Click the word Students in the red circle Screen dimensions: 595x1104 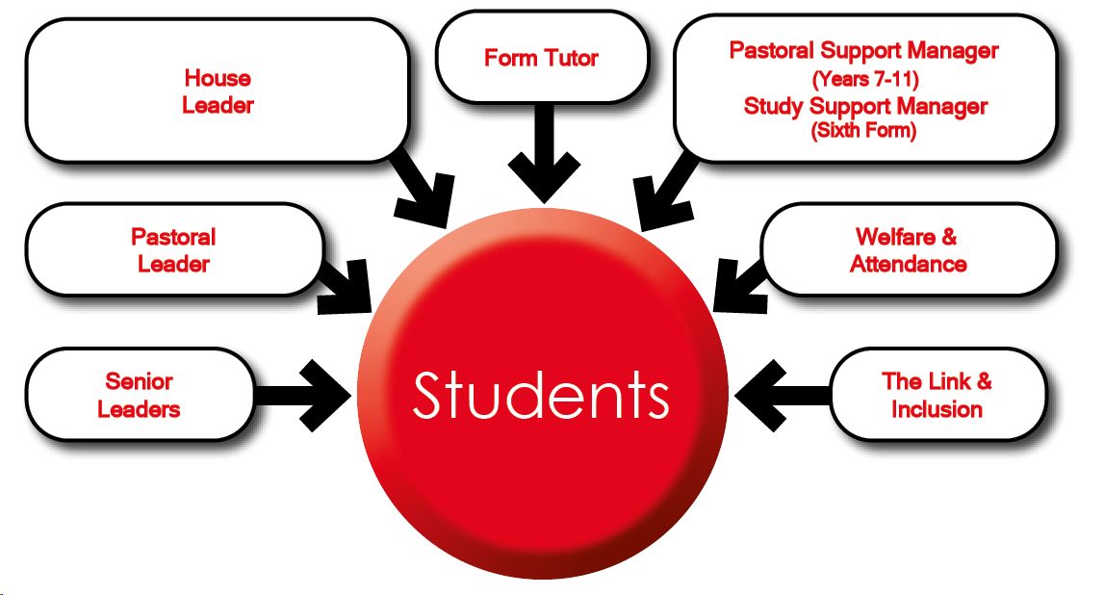(x=541, y=395)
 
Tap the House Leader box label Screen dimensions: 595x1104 (x=218, y=91)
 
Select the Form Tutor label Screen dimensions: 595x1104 (x=541, y=58)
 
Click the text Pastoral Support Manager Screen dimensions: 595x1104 (x=863, y=50)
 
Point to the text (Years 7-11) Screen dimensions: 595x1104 (x=864, y=78)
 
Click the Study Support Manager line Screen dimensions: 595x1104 (x=865, y=106)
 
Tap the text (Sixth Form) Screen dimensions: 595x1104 (x=864, y=131)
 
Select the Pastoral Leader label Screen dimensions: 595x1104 (x=173, y=250)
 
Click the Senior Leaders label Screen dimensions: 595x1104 (x=139, y=396)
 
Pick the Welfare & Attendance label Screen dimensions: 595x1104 (x=908, y=250)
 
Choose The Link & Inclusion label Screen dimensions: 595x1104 (x=937, y=396)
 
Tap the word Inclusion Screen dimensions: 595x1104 (x=937, y=410)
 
